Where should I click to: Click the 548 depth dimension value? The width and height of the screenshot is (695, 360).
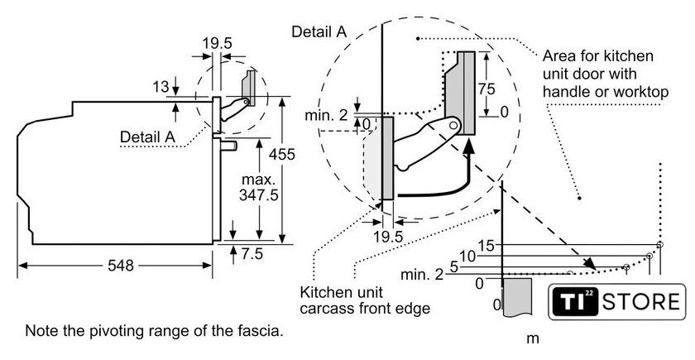click(x=121, y=265)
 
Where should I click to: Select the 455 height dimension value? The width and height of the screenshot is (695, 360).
click(x=281, y=154)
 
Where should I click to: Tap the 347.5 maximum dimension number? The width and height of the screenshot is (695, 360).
click(x=259, y=194)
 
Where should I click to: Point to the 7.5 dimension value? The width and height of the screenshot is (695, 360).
click(x=252, y=253)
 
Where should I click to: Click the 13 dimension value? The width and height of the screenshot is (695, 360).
click(x=161, y=87)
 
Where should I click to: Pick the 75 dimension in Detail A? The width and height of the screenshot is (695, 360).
click(x=486, y=89)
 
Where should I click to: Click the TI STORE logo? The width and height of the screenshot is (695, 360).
click(x=616, y=301)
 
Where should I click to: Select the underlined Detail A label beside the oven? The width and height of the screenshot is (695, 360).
click(x=147, y=137)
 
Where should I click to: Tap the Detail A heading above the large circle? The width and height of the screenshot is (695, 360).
click(x=319, y=31)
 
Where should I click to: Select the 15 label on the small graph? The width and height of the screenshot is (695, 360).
click(x=486, y=245)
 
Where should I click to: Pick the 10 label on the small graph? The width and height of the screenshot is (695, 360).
click(x=467, y=256)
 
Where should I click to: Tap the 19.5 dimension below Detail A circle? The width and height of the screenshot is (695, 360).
click(x=388, y=237)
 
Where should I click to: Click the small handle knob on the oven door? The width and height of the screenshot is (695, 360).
click(x=228, y=146)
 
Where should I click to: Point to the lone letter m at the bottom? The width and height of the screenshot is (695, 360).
click(x=533, y=339)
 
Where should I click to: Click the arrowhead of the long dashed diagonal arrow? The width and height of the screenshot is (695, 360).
click(x=590, y=264)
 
